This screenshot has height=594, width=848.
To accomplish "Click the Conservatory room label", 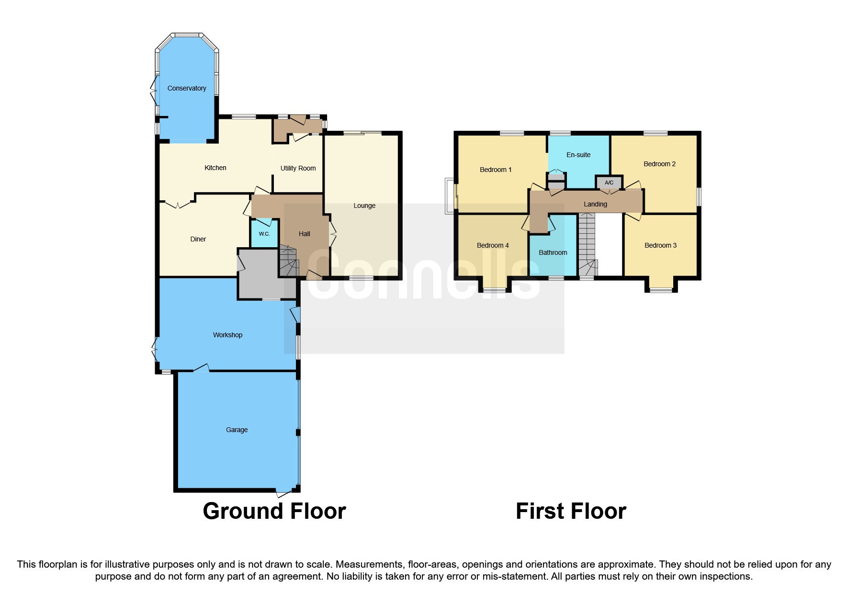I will click(x=186, y=88).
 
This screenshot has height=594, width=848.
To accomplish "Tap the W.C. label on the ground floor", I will click(x=264, y=234).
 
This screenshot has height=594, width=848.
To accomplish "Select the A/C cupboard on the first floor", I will click(x=609, y=183).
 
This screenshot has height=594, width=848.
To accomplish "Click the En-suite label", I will click(x=578, y=155).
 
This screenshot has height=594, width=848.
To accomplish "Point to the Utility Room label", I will click(x=298, y=168).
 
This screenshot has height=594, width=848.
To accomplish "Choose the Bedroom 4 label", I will click(x=492, y=245).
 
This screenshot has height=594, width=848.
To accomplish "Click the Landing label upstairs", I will click(x=595, y=204).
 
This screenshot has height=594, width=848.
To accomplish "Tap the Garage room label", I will click(x=237, y=430).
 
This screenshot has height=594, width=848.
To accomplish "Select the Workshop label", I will click(x=227, y=335).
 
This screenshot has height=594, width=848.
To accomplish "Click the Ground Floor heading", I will click(x=274, y=511).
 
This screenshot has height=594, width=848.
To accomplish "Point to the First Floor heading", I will click(x=570, y=511).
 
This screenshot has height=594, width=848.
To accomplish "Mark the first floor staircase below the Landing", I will click(x=587, y=244).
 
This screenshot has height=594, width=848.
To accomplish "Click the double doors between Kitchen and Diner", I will click(x=178, y=205).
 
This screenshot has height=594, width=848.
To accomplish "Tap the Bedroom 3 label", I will click(x=660, y=245).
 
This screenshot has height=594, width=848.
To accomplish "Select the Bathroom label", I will click(x=553, y=252).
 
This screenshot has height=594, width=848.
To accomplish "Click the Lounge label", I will click(x=364, y=206).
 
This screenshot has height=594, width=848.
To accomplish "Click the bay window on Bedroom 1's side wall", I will click(x=450, y=195).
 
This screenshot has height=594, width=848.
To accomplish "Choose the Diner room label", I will click(x=198, y=239).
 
